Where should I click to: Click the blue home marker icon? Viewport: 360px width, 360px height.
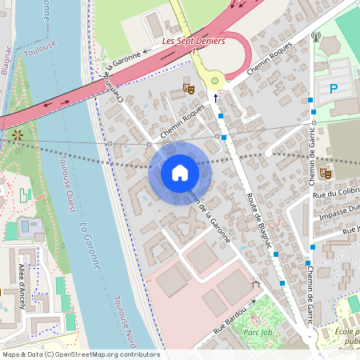point(179,173)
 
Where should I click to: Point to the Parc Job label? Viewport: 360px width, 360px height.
point(258,333)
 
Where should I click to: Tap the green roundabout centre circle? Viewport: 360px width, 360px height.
point(214,80)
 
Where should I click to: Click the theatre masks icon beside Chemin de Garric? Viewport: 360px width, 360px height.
point(326,172)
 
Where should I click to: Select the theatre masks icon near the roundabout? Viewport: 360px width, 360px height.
point(189,86)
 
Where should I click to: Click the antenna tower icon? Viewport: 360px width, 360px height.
point(316,37)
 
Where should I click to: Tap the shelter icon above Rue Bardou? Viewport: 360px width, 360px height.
point(256,282)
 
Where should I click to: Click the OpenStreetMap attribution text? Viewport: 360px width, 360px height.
point(80,354)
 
